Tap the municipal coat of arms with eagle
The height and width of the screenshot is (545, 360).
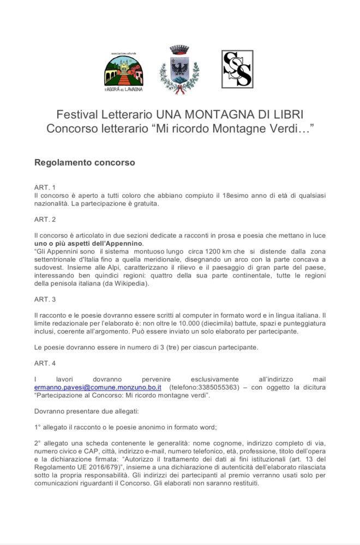pos(179,70)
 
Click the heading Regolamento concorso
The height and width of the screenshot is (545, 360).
pos(85,162)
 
